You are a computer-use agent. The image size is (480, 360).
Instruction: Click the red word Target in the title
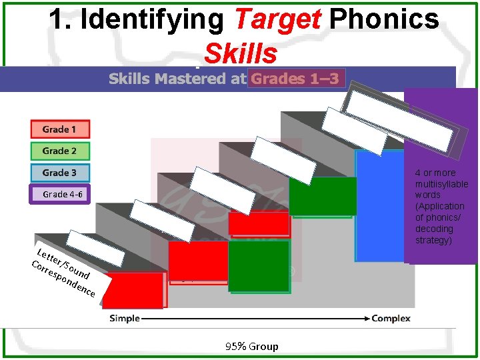tap(277, 19)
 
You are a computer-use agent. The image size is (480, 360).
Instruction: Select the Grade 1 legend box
tap(60, 129)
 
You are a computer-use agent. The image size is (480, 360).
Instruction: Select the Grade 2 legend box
tap(60, 151)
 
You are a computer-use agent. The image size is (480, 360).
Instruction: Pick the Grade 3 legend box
tap(60, 173)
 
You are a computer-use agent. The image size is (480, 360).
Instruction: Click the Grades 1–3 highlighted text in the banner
tap(295, 79)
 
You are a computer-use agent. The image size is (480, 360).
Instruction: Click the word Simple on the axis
tap(125, 318)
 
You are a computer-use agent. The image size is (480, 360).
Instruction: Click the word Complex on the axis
tap(391, 318)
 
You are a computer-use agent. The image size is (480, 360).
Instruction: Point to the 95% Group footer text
tap(251, 346)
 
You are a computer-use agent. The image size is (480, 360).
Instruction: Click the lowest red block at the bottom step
tap(133, 291)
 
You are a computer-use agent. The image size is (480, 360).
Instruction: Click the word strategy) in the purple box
tap(433, 240)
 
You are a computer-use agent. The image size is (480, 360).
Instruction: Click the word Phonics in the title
tap(384, 19)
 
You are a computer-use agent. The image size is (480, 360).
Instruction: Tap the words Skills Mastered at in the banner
tap(177, 79)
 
